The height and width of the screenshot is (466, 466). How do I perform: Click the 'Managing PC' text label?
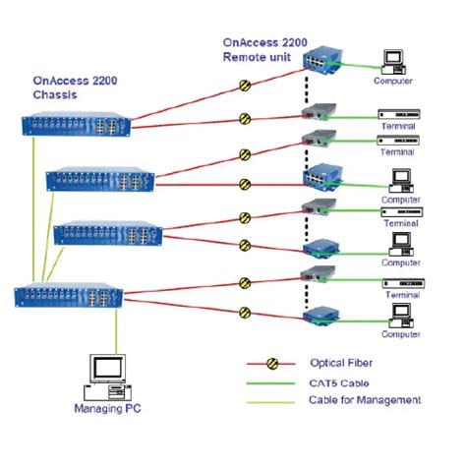105,406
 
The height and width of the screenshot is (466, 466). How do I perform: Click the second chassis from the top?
99,180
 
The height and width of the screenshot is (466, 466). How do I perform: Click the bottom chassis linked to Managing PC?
69,294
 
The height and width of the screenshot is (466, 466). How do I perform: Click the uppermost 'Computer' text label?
392,82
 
